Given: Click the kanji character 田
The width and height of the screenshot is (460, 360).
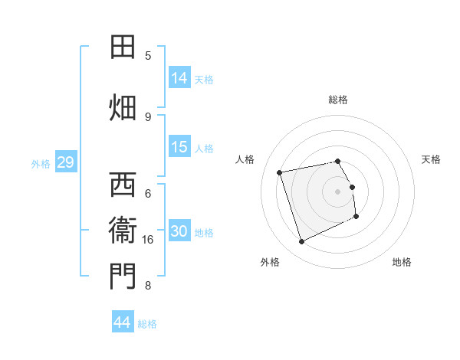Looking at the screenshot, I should click(122, 47).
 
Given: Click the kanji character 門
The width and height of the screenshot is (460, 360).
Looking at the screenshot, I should click(122, 277).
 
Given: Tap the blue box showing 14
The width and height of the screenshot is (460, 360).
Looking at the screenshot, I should click(179, 77).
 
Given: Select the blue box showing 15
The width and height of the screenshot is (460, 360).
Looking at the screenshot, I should click(179, 147).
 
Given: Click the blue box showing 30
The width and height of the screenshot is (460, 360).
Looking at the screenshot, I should click(179, 231).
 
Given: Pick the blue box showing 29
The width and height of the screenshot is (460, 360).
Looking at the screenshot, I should click(65, 162).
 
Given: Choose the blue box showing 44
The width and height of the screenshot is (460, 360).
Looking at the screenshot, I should click(123, 322).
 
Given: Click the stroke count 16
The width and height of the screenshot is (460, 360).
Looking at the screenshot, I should click(148, 240).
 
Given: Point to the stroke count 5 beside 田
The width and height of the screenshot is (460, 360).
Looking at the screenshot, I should click(148, 56).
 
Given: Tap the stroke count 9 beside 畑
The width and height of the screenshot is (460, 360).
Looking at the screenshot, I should click(148, 116).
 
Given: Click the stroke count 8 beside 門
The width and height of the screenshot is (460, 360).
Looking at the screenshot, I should click(148, 286).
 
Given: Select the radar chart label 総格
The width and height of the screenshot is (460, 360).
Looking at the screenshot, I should click(338, 100).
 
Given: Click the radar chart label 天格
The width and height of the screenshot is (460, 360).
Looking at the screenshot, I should click(432, 159).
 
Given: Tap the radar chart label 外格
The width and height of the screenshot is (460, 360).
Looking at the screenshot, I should click(270, 262).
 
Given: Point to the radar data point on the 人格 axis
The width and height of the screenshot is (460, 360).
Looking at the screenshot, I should click(281, 172).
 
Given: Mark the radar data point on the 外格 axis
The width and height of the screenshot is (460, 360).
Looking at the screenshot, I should click(302, 242).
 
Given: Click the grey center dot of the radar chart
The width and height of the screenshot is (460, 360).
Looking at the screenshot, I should click(338, 191).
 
